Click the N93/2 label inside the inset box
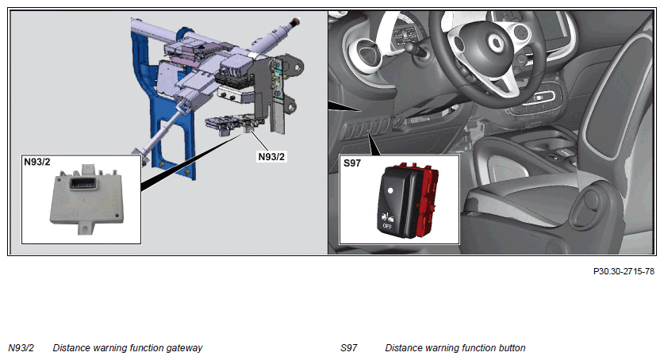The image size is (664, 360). pos(36,162)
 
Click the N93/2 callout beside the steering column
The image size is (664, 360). pos(271,156)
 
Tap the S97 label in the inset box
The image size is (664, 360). pos(352,163)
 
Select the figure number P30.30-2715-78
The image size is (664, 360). pos(624,271)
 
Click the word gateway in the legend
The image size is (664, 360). pos(184,348)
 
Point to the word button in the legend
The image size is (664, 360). pos(512,348)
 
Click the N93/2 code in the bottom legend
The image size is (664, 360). pos(21,348)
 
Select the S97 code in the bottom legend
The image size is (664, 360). pos(348,348)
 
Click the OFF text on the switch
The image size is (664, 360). pos(387,226)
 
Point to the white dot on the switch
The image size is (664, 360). pos(390,190)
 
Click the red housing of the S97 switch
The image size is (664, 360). pos(427,200)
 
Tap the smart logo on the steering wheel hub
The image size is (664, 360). pos(494,42)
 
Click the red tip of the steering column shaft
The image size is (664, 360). pos(296,21)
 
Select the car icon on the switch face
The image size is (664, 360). pos(387,217)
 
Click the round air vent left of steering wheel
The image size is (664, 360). pos(367,52)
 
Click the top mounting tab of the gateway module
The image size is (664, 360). pos(88,169)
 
